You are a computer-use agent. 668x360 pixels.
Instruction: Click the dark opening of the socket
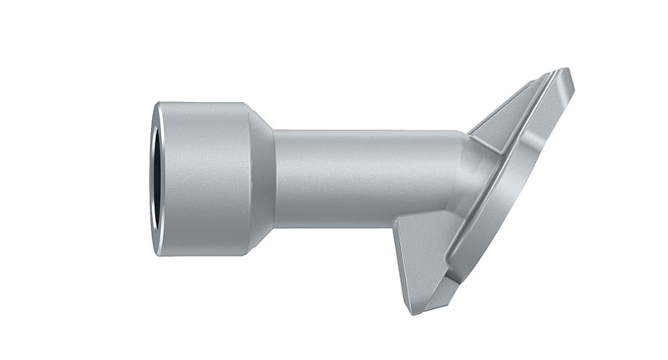pyautogui.click(x=154, y=179)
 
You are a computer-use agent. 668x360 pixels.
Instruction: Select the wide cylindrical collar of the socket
pyautogui.click(x=205, y=179)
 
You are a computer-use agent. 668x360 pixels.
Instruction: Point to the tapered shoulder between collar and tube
pyautogui.click(x=261, y=179)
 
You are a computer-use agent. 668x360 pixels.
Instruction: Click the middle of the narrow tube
pyautogui.click(x=367, y=179)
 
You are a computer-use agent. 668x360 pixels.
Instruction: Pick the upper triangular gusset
pyautogui.click(x=509, y=113)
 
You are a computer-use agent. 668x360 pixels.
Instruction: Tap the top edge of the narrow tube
pyautogui.click(x=367, y=131)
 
